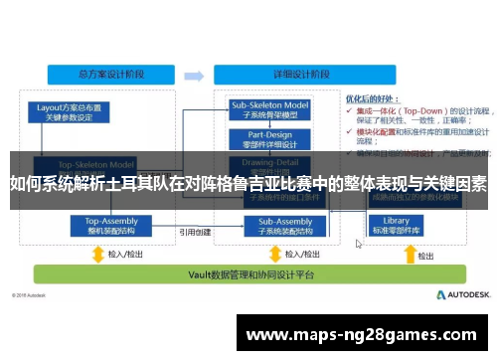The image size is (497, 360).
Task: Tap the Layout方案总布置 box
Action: click(71, 110)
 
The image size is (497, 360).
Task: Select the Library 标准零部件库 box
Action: click(396, 226)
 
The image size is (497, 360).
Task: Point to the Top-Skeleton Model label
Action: click(96, 164)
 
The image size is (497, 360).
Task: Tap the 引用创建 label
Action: click(195, 231)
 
